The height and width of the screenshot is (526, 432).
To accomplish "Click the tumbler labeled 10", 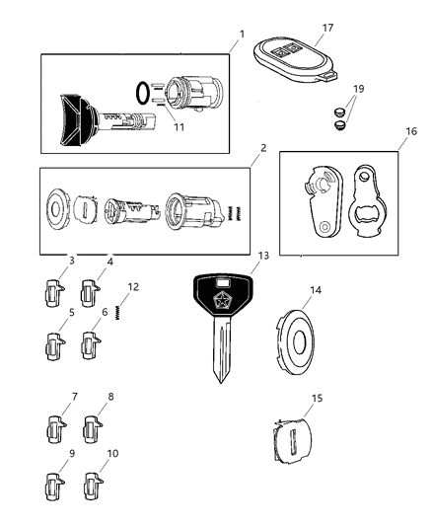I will click(94, 488).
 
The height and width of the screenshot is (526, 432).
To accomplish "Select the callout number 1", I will click(240, 35).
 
